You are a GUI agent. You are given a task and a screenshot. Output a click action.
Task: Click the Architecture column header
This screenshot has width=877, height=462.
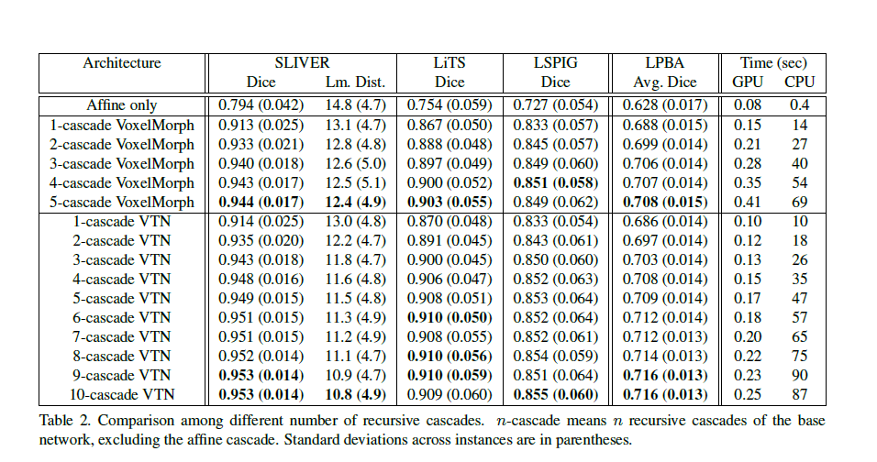click(122, 63)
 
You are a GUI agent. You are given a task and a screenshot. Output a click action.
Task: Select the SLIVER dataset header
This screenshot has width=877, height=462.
click(303, 63)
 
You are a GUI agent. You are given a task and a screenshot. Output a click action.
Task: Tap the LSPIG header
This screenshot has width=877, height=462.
click(559, 63)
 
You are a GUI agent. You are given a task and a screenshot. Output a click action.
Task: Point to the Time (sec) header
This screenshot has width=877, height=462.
click(773, 63)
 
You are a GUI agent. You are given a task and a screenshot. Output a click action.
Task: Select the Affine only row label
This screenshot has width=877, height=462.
click(123, 105)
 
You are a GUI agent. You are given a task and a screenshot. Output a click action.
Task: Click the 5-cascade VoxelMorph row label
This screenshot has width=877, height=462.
click(123, 202)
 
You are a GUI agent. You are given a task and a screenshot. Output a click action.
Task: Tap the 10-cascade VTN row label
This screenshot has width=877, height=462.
click(123, 395)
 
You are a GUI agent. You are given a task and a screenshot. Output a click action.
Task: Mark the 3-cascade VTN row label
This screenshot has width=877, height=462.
click(123, 260)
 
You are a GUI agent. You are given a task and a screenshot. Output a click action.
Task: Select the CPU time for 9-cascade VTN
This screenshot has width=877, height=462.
click(799, 376)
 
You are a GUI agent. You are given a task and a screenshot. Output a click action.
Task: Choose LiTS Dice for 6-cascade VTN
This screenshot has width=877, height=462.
click(450, 318)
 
